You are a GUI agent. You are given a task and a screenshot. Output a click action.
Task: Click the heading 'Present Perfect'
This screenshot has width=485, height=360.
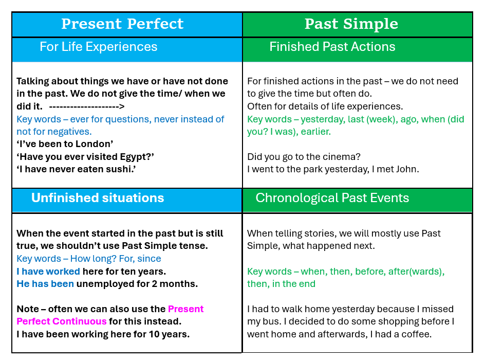[122, 24]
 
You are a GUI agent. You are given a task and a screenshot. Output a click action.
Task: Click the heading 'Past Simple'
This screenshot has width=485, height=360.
[351, 24]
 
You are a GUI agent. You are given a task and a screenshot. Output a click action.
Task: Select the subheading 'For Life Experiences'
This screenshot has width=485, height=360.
[98, 47]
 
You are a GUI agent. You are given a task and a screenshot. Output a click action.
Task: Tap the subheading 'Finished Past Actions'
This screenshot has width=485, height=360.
[332, 47]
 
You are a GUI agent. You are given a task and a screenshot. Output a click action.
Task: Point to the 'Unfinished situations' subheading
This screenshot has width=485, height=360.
[98, 198]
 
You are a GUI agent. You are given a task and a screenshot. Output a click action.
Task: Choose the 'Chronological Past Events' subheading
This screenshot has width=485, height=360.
[332, 198]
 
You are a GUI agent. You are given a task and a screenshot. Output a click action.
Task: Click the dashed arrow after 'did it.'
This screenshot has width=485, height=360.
[87, 107]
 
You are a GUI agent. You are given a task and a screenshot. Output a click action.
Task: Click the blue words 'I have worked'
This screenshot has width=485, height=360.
[48, 272]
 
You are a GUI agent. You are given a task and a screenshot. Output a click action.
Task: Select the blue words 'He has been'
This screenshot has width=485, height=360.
[45, 284]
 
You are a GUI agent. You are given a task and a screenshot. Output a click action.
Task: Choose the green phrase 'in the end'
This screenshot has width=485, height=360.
[294, 284]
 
